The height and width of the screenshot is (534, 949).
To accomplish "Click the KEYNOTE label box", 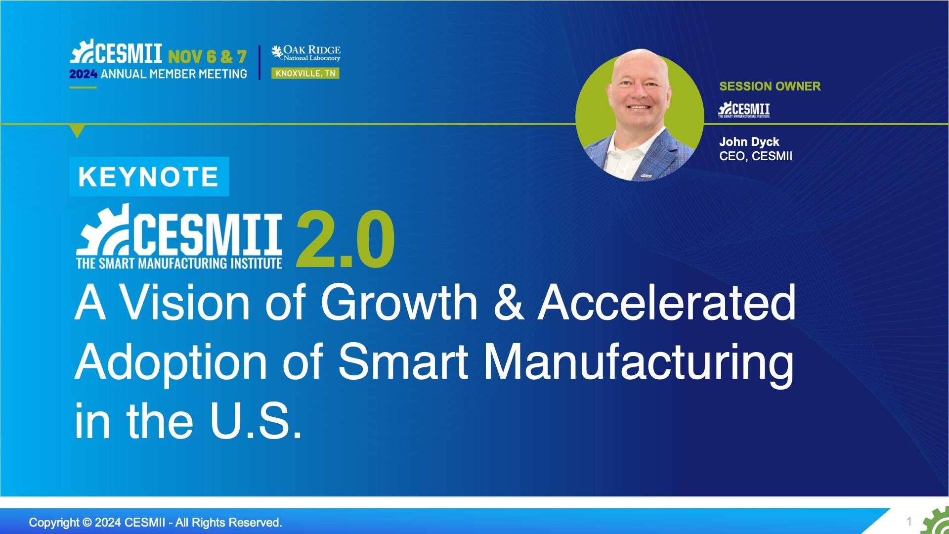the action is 149,177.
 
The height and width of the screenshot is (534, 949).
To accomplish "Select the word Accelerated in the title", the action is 667,303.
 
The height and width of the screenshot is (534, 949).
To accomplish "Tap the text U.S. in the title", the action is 255,421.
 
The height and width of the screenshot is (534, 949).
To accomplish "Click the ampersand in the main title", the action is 508,303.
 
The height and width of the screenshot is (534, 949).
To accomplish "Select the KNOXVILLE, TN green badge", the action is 305,74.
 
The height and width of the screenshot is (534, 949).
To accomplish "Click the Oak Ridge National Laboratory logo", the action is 306,53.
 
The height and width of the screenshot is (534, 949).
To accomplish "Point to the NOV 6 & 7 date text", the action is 207,57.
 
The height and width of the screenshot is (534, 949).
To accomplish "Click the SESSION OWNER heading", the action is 770,86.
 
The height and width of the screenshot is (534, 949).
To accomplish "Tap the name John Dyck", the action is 749,142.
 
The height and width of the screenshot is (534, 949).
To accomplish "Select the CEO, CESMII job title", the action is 756,156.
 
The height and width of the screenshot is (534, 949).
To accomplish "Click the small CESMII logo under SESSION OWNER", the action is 744,110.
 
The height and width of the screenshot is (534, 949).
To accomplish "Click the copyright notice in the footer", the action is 156,522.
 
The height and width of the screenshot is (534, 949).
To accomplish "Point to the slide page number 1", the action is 909,521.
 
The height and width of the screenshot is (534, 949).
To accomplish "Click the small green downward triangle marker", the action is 77,131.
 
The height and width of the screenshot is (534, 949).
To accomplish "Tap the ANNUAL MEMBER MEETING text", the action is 174,74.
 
